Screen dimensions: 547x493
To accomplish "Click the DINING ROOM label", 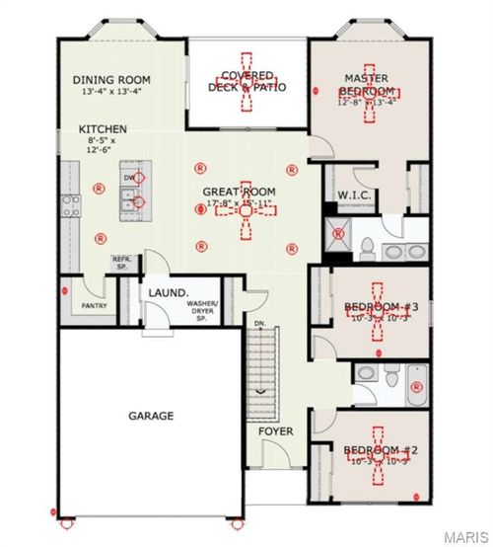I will tap(111, 80).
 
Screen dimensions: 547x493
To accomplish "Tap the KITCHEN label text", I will tap(103, 129).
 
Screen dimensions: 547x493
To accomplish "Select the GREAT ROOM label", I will tap(239, 192).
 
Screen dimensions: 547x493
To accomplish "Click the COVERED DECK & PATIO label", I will tap(253, 81).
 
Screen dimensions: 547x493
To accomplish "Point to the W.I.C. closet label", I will tap(353, 195).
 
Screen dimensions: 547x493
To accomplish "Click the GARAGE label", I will tap(151, 416).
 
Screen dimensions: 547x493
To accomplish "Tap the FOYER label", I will tap(276, 431).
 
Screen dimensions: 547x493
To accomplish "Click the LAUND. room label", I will tap(169, 293).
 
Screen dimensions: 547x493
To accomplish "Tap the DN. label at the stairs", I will tap(259, 324).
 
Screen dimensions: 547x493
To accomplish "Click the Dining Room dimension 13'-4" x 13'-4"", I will tap(111, 92).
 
